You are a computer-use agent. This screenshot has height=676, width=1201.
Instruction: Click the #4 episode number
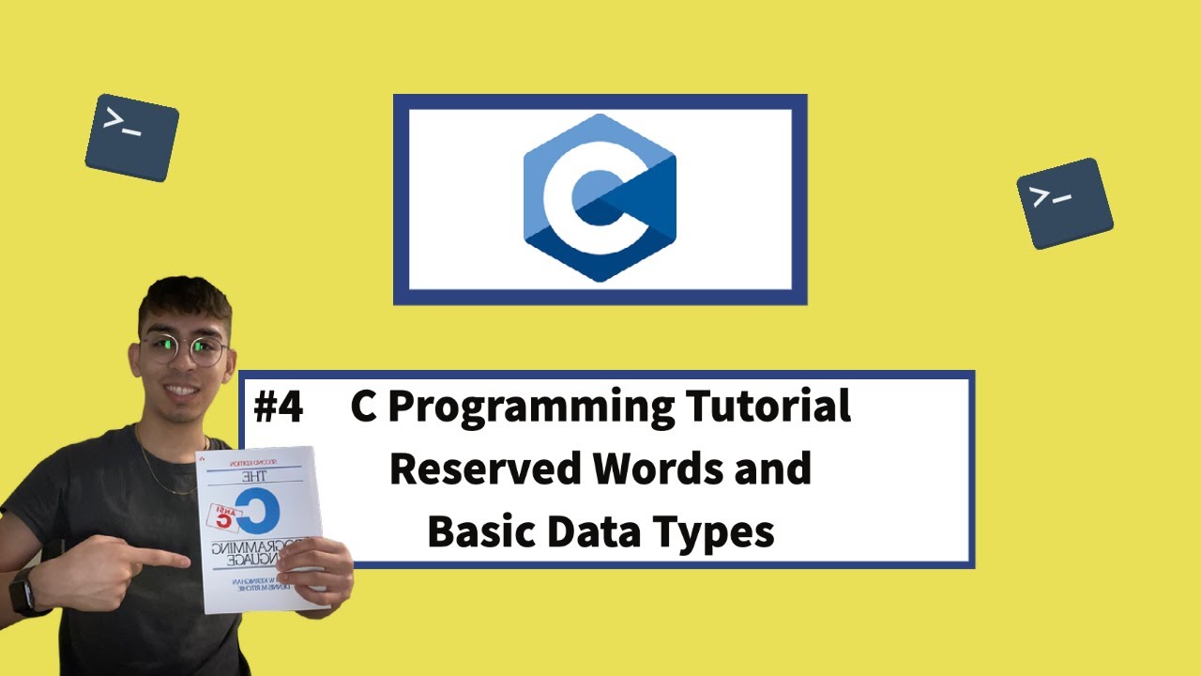coord(278,408)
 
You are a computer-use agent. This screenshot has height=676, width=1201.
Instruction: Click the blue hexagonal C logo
coord(600,198)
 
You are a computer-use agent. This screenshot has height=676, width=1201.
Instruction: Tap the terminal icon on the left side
coord(131,137)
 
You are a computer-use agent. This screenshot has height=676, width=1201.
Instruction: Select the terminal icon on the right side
coord(1064,203)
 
